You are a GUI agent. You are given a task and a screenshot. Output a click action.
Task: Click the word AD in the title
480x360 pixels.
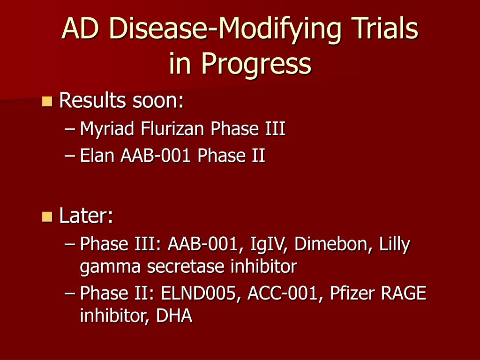(81, 29)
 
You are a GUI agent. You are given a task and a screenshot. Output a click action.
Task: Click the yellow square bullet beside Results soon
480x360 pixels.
(47, 101)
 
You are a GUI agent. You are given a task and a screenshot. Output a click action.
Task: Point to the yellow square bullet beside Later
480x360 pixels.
(47, 216)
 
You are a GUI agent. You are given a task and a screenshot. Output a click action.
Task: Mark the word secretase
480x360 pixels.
(187, 267)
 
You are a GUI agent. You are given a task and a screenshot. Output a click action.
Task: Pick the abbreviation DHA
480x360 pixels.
(174, 316)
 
